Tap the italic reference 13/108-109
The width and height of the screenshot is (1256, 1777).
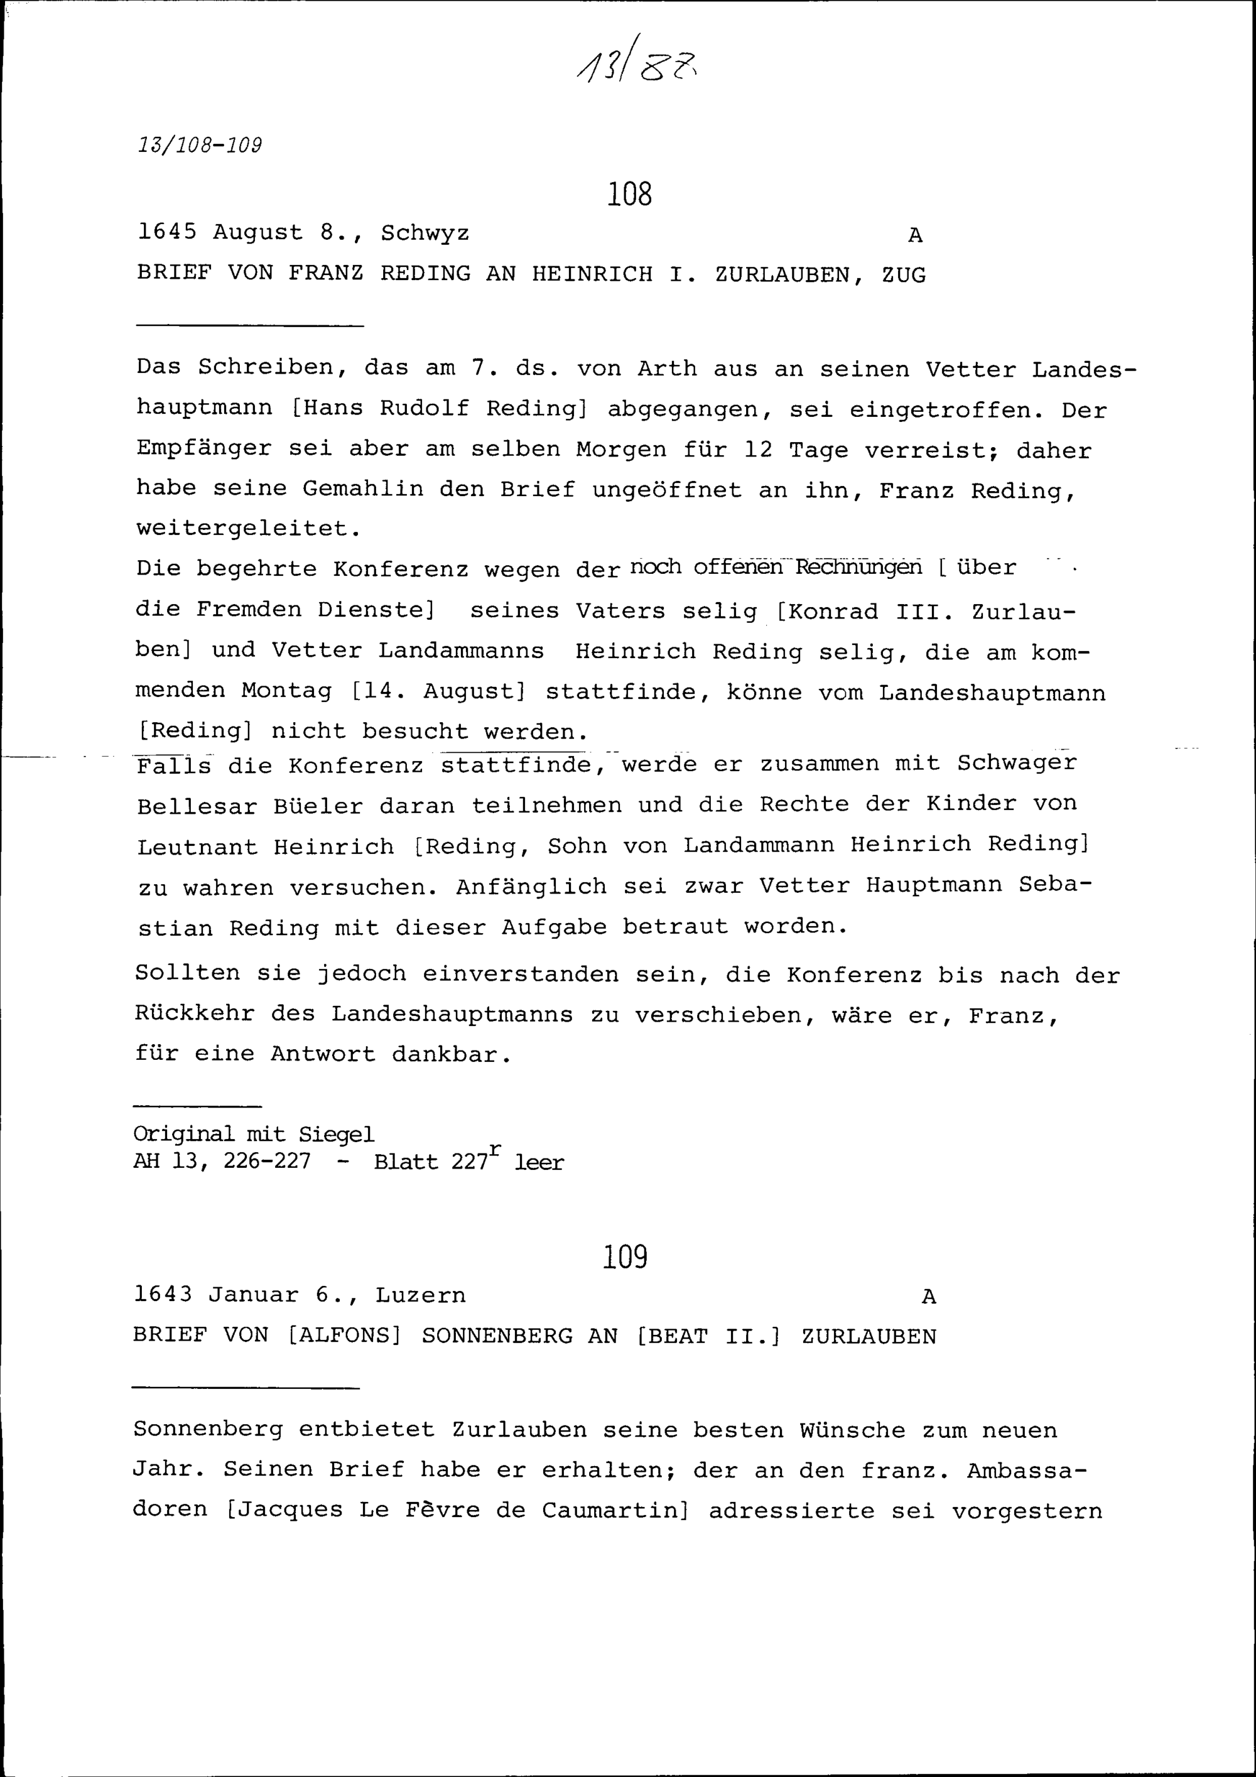200,146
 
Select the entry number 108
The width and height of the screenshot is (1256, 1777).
629,193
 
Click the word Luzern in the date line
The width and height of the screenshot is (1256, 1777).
420,1295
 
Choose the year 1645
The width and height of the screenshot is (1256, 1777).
166,232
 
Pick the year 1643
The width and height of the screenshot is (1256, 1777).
163,1295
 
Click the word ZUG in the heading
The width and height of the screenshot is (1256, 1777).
903,275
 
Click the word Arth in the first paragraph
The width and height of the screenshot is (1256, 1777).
666,369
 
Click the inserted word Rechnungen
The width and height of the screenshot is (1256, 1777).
858,567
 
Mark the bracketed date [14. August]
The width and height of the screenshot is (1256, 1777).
438,690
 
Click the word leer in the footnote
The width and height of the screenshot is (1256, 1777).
539,1162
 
